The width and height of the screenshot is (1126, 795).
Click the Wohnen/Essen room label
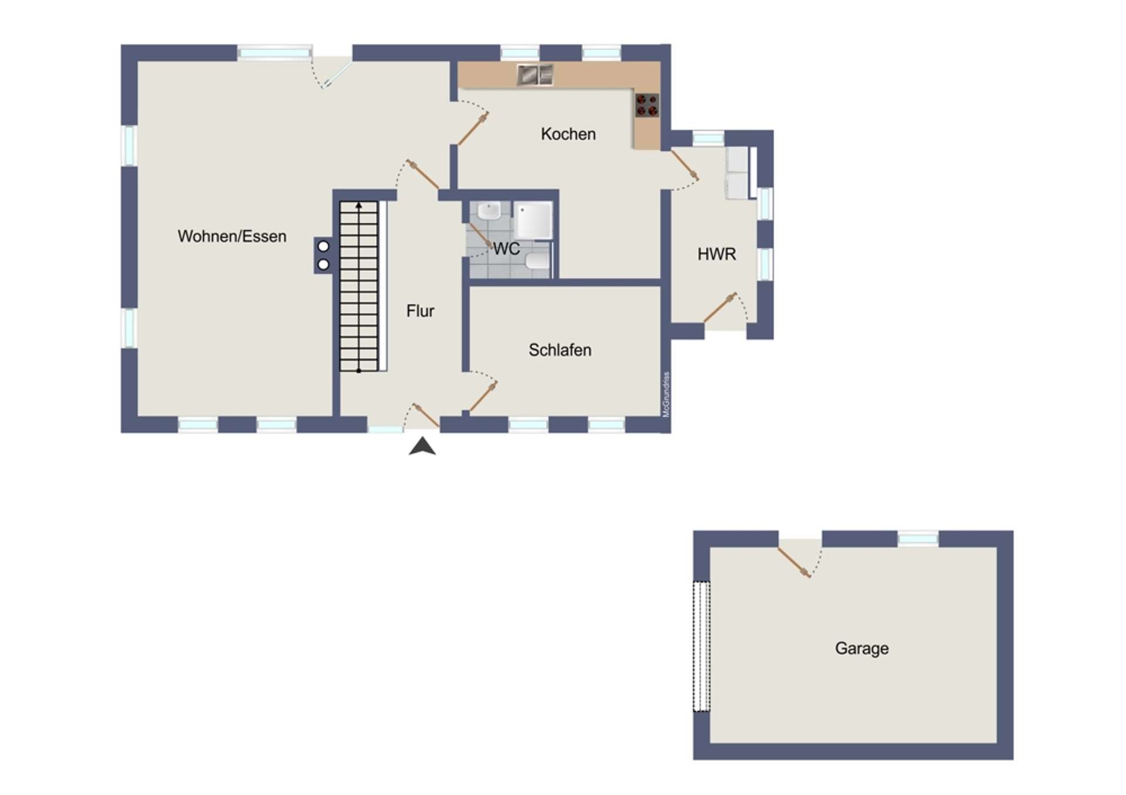pyautogui.click(x=232, y=236)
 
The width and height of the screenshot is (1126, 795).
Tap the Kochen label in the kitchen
pyautogui.click(x=568, y=134)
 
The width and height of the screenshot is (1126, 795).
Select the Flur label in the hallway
pyautogui.click(x=420, y=311)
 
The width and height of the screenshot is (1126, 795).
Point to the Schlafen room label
pyautogui.click(x=560, y=350)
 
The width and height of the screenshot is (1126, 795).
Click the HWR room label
pyautogui.click(x=717, y=254)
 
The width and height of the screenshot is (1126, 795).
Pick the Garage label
pyautogui.click(x=862, y=648)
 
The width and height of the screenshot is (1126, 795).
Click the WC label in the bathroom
pyautogui.click(x=506, y=249)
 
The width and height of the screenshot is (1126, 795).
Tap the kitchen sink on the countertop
pyautogui.click(x=535, y=74)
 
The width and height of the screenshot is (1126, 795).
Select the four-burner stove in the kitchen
pyautogui.click(x=647, y=106)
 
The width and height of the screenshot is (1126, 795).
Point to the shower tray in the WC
pyautogui.click(x=533, y=220)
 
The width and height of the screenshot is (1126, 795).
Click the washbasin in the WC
pyautogui.click(x=488, y=210)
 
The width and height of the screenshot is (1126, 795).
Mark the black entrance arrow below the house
pyautogui.click(x=422, y=446)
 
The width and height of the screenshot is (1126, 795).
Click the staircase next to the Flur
pyautogui.click(x=359, y=286)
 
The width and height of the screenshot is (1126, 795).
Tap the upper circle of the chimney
pyautogui.click(x=323, y=246)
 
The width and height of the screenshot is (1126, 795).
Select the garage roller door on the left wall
pyautogui.click(x=701, y=645)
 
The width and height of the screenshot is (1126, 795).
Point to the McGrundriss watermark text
pyautogui.click(x=666, y=395)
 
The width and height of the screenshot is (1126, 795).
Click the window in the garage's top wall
pyautogui.click(x=918, y=539)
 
